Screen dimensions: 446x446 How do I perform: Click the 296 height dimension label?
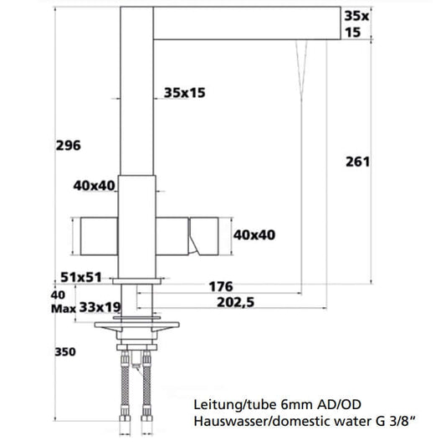(69, 146)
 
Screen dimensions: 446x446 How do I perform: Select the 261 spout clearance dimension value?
(357, 161)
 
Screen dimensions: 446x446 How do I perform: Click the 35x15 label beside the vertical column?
(184, 94)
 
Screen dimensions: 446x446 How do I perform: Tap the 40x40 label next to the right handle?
(254, 235)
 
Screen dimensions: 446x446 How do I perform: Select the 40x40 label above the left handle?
(94, 186)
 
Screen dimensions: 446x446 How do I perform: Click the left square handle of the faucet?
(98, 236)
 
